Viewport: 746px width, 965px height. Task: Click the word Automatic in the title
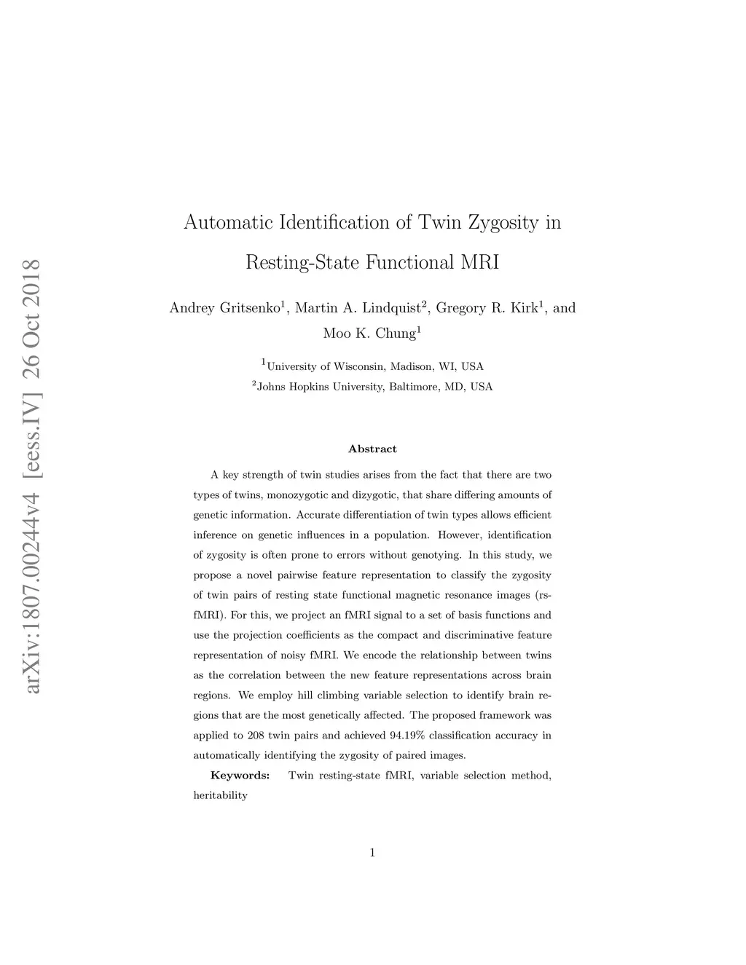228,222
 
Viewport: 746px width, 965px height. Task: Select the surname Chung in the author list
395,334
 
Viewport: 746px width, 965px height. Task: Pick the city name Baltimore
413,387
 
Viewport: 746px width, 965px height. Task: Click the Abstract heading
372,449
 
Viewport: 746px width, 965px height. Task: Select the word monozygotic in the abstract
297,495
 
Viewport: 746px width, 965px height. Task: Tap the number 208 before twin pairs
256,736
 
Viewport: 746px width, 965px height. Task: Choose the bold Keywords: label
240,776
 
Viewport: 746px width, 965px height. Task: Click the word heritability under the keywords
220,795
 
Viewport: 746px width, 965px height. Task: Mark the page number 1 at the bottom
372,853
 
